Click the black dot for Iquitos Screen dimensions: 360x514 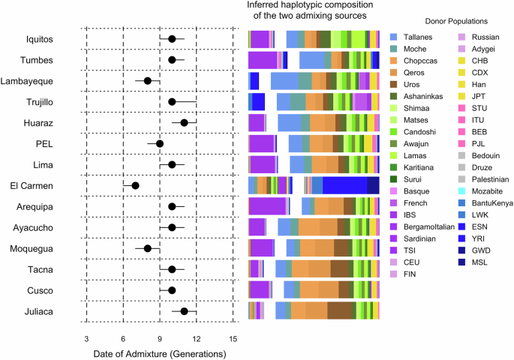coord(172,39)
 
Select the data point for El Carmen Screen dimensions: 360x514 coord(135,185)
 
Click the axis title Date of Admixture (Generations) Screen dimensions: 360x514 coord(160,352)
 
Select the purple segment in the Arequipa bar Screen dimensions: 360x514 coord(267,206)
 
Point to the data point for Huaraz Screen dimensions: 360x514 coord(184,123)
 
